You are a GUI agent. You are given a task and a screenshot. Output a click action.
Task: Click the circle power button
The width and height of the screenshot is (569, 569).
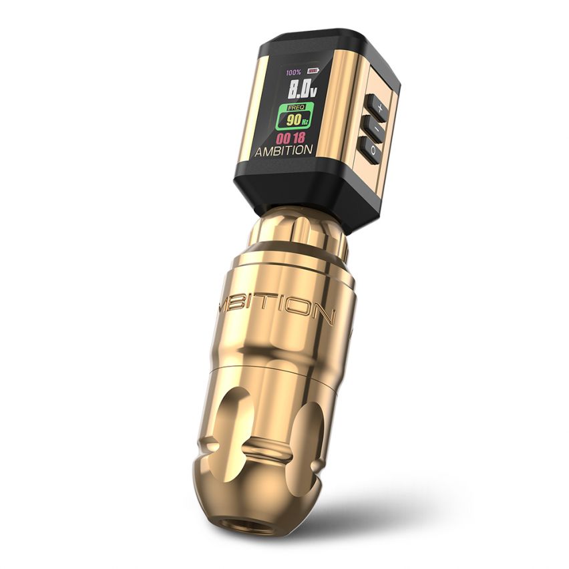(x=373, y=152)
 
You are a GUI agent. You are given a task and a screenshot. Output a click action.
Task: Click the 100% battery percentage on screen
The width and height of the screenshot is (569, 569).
(x=293, y=72)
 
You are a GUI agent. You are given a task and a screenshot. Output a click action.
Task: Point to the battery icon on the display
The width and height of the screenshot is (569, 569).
(x=313, y=71)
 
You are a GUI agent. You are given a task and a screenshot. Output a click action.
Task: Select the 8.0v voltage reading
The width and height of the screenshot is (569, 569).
(x=301, y=89)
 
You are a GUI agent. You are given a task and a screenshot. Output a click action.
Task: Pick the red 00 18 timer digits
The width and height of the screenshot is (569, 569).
(x=289, y=138)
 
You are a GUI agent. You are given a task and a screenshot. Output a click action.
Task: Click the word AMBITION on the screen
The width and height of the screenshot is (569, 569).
(x=283, y=151)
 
